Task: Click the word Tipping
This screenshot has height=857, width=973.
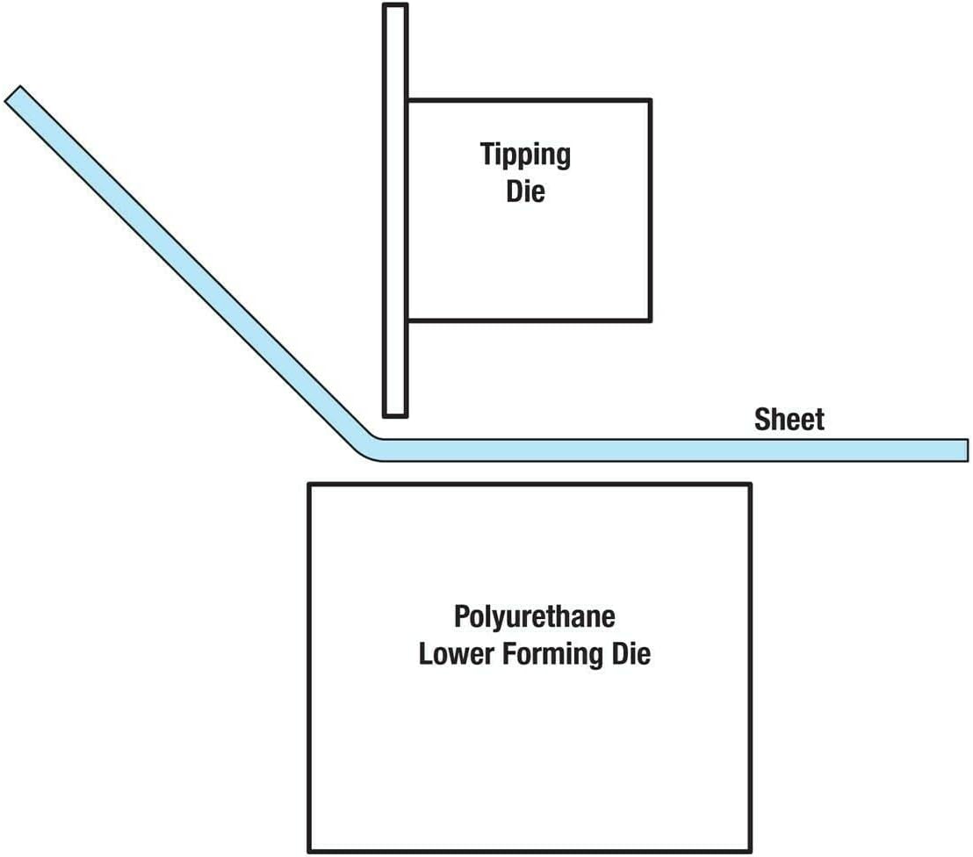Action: point(525,155)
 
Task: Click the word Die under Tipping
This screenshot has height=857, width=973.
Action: point(525,191)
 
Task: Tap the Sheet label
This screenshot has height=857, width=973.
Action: point(789,420)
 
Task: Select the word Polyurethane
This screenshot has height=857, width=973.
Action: point(534,616)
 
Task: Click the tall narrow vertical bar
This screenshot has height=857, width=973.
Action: point(395,211)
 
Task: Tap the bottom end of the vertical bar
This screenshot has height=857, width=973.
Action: point(395,413)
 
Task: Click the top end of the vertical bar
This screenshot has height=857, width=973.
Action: point(395,7)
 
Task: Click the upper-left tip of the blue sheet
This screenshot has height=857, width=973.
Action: point(13,94)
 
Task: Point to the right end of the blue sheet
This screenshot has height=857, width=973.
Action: point(964,450)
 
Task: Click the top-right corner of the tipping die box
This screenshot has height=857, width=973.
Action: point(650,100)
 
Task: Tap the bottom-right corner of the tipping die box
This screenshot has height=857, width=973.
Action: point(650,320)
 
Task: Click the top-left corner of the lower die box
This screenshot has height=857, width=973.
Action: point(309,485)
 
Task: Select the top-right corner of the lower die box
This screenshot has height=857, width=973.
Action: point(751,485)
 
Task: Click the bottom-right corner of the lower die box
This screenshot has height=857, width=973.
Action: point(751,850)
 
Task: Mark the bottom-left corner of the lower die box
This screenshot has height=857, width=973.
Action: point(309,850)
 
